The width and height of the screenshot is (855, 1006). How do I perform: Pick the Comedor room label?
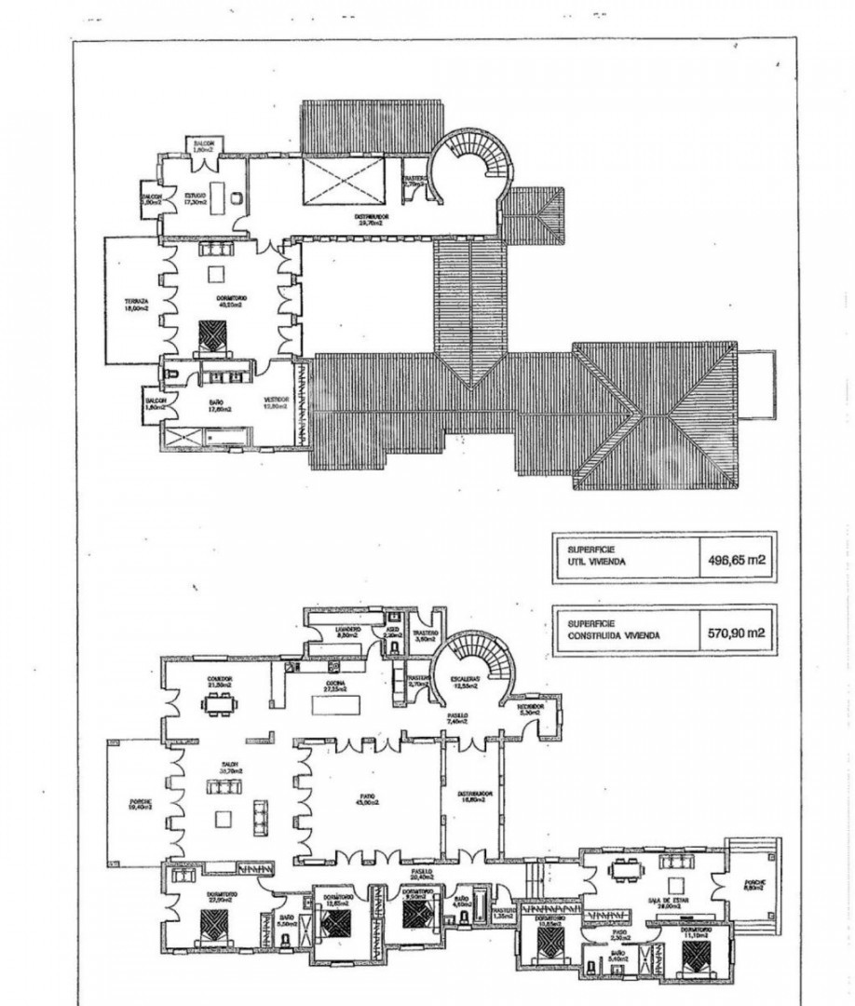(x=220, y=681)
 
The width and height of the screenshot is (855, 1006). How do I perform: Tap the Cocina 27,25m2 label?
(x=333, y=686)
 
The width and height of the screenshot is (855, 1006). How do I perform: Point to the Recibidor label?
(x=532, y=709)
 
